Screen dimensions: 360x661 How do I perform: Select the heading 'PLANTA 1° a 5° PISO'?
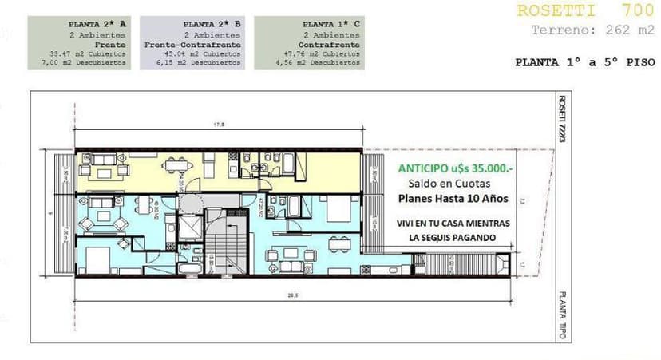coord(584,61)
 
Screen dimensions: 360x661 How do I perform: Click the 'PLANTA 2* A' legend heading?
coord(97,25)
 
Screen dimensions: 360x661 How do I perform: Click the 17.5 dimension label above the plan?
coord(218,125)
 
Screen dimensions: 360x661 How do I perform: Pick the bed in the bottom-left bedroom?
coord(97,260)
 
